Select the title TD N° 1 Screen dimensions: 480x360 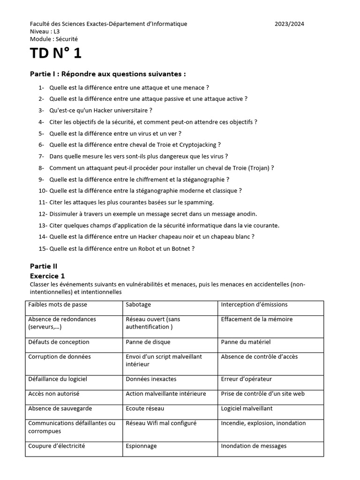[56, 53]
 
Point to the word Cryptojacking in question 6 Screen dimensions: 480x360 [199, 145]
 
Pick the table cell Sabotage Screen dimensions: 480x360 [138, 305]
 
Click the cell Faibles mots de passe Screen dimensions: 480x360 [58, 305]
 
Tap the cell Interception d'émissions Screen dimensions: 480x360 [254, 305]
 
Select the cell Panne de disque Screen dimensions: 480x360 [148, 342]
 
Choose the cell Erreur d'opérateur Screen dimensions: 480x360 [246, 379]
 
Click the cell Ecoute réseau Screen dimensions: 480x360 [145, 409]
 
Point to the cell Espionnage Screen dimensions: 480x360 [141, 446]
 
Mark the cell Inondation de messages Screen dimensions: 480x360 [254, 446]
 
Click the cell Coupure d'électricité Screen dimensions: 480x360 [57, 446]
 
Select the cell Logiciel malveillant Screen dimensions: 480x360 [247, 409]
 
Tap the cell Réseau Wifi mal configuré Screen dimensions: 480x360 [161, 423]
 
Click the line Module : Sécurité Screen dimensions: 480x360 [54, 39]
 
